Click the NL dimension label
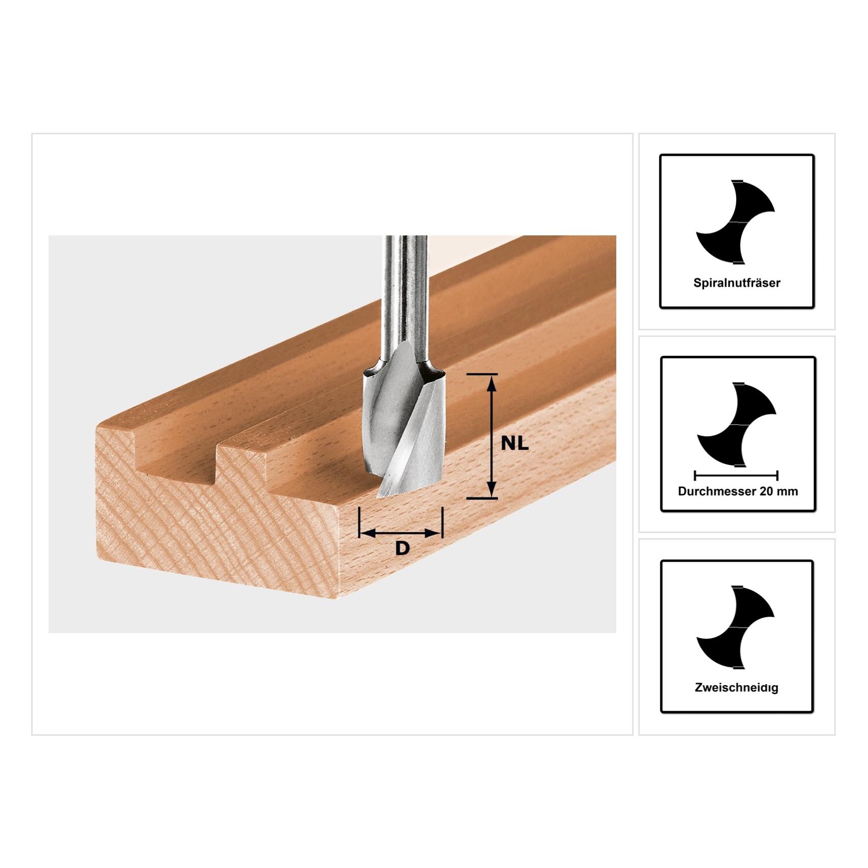(x=515, y=444)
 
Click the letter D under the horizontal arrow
(x=402, y=548)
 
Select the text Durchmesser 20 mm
(x=738, y=491)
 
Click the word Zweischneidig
(x=736, y=688)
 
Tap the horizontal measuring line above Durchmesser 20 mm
(x=736, y=476)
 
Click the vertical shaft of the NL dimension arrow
(x=491, y=437)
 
